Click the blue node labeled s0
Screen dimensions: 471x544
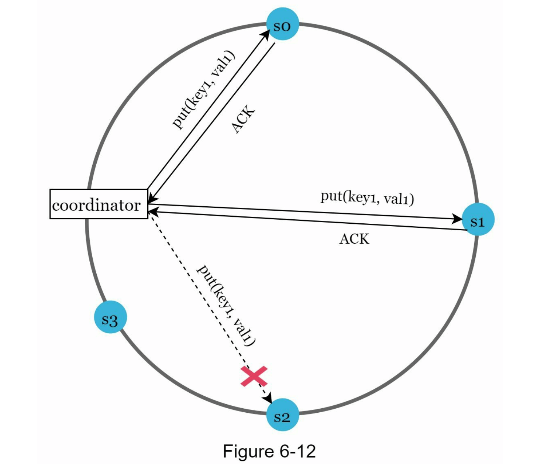[282, 24]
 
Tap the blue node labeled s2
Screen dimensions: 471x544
[282, 415]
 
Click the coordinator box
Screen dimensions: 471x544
[99, 204]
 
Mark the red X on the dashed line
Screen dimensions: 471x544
[254, 376]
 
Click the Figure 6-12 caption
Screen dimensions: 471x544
[269, 451]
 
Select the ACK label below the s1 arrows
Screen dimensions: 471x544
[354, 239]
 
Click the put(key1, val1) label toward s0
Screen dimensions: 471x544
[204, 90]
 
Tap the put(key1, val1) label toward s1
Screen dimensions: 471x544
[367, 197]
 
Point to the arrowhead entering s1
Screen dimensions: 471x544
[458, 219]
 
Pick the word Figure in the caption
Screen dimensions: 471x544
[244, 451]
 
